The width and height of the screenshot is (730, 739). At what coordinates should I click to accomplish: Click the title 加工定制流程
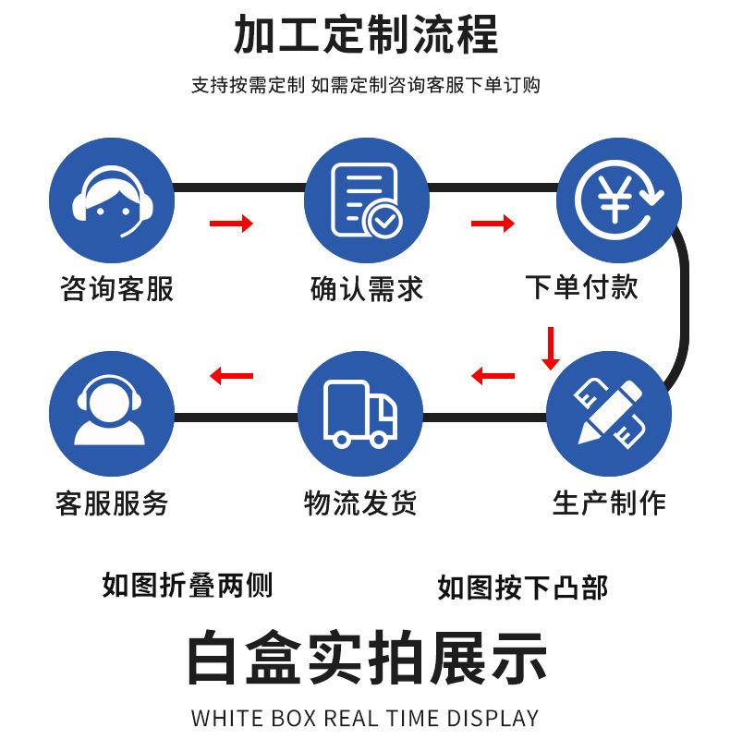pyautogui.click(x=365, y=34)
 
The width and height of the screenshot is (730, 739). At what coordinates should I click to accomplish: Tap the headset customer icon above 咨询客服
pyautogui.click(x=112, y=199)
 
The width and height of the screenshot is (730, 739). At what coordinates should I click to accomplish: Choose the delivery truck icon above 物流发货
pyautogui.click(x=361, y=410)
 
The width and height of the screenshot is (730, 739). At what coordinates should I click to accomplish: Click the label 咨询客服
pyautogui.click(x=116, y=288)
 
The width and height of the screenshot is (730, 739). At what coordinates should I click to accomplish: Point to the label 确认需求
pyautogui.click(x=366, y=288)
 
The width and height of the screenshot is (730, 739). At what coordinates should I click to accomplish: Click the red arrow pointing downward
pyautogui.click(x=551, y=348)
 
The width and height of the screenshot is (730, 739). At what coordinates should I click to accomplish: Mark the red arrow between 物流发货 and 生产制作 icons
pyautogui.click(x=493, y=375)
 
